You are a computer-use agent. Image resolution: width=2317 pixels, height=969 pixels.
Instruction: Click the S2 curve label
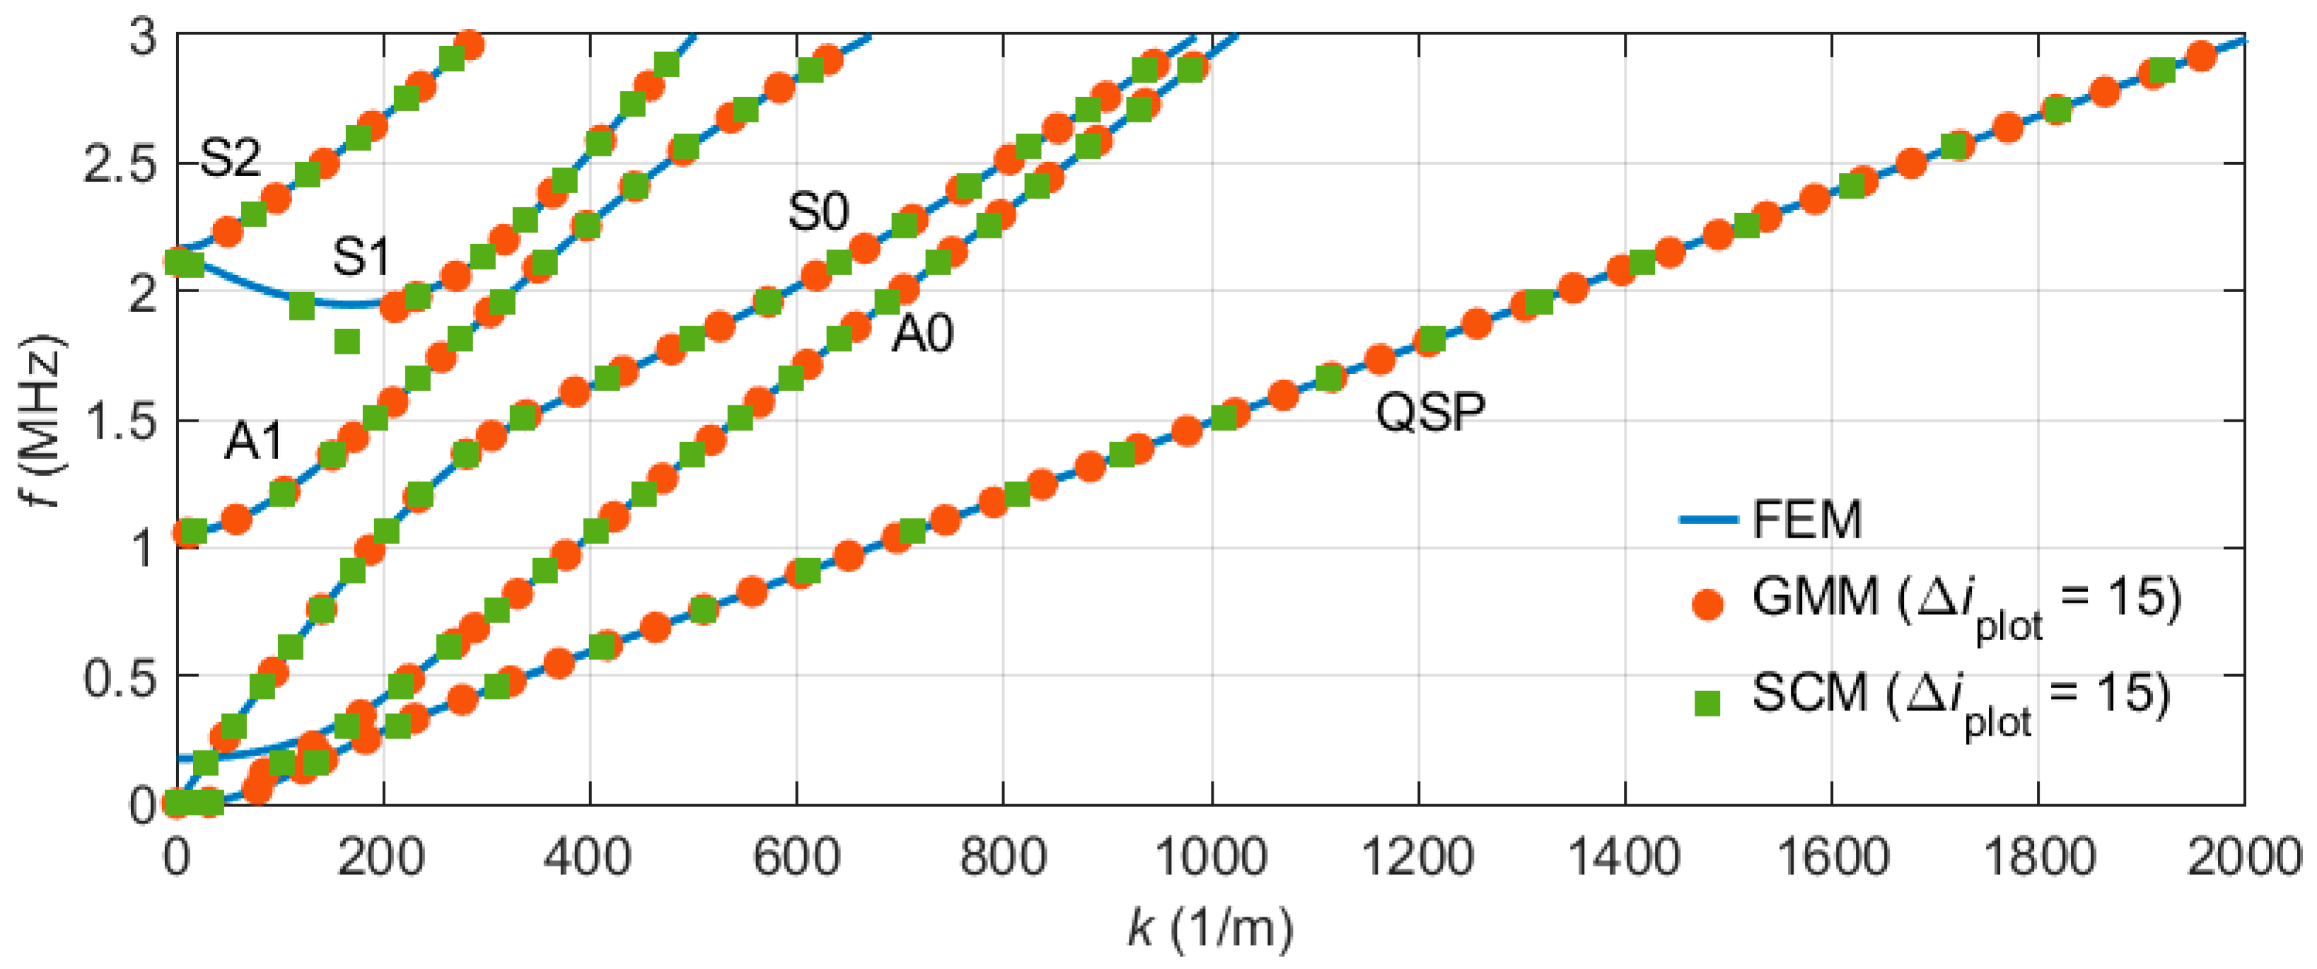click(x=231, y=158)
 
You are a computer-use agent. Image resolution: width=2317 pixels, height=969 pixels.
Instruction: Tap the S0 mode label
click(x=818, y=213)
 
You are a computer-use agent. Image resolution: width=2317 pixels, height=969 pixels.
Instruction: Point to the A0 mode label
click(x=922, y=335)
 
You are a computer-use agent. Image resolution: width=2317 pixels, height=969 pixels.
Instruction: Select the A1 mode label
click(x=254, y=442)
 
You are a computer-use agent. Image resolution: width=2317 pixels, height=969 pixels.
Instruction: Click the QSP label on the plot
click(x=1430, y=413)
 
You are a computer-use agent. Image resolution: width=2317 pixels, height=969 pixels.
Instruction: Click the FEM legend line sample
click(x=1708, y=520)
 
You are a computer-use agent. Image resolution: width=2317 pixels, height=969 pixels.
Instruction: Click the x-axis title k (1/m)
click(x=1211, y=927)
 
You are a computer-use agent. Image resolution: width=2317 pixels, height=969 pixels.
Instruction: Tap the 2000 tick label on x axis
click(x=2243, y=857)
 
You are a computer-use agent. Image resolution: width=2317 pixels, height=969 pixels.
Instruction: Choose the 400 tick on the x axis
click(x=589, y=857)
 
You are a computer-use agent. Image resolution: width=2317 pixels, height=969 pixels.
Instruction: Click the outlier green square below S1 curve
click(x=347, y=342)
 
